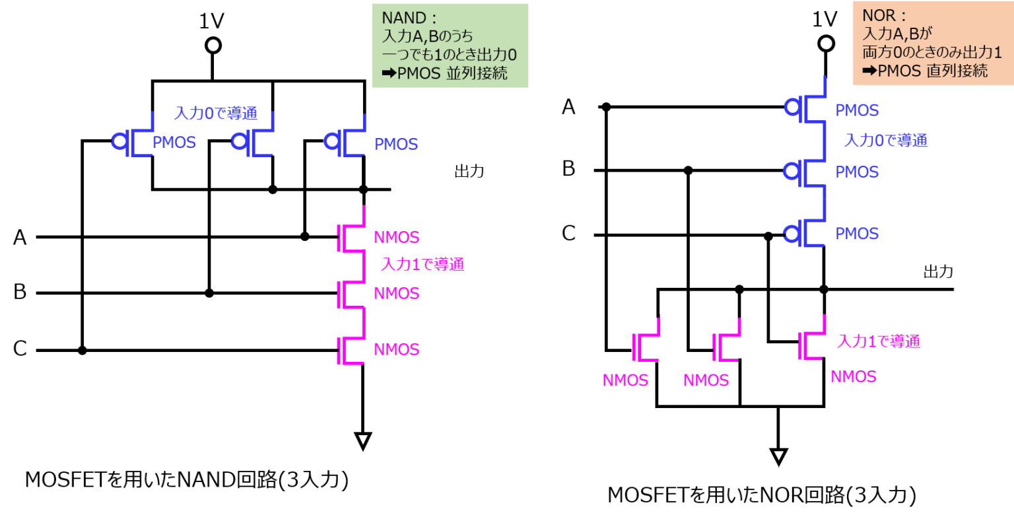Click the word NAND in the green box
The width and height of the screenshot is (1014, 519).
(x=405, y=18)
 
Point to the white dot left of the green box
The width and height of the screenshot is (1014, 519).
(x=213, y=46)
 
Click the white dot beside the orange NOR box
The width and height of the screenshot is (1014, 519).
(x=826, y=44)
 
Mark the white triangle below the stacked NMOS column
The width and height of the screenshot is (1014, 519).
(x=362, y=440)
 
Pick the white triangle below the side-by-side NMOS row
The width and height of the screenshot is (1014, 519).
(x=778, y=456)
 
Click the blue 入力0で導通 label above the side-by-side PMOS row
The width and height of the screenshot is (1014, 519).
(x=216, y=114)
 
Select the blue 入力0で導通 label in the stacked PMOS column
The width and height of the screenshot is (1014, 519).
(x=886, y=141)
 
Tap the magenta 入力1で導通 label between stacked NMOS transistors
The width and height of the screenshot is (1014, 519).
(x=422, y=264)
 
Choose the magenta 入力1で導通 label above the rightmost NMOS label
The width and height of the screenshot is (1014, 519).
(x=878, y=341)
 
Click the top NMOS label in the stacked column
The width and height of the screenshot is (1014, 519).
(x=397, y=237)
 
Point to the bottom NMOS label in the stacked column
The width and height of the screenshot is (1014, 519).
(x=397, y=349)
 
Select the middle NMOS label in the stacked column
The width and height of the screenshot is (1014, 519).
(x=397, y=293)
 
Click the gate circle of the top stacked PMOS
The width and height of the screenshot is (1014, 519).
(x=792, y=107)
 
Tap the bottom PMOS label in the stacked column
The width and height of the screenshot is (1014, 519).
(x=857, y=234)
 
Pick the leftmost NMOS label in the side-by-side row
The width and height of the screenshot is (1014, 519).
(x=625, y=380)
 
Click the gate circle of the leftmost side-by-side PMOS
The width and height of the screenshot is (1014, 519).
(x=119, y=141)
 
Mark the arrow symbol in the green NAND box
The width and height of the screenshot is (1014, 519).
(x=389, y=73)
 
